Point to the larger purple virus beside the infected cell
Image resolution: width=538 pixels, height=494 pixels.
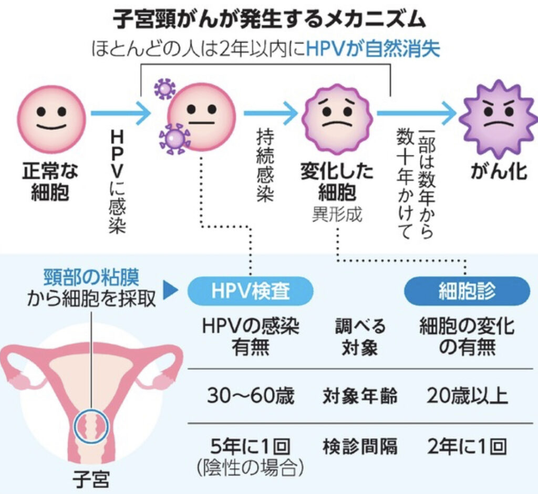[x=174, y=139]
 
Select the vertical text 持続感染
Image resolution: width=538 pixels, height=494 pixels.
[x=266, y=166]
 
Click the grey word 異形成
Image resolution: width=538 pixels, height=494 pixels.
[x=337, y=214]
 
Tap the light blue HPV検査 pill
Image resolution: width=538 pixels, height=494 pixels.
[x=250, y=291]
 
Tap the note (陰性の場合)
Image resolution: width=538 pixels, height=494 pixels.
[x=250, y=468]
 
